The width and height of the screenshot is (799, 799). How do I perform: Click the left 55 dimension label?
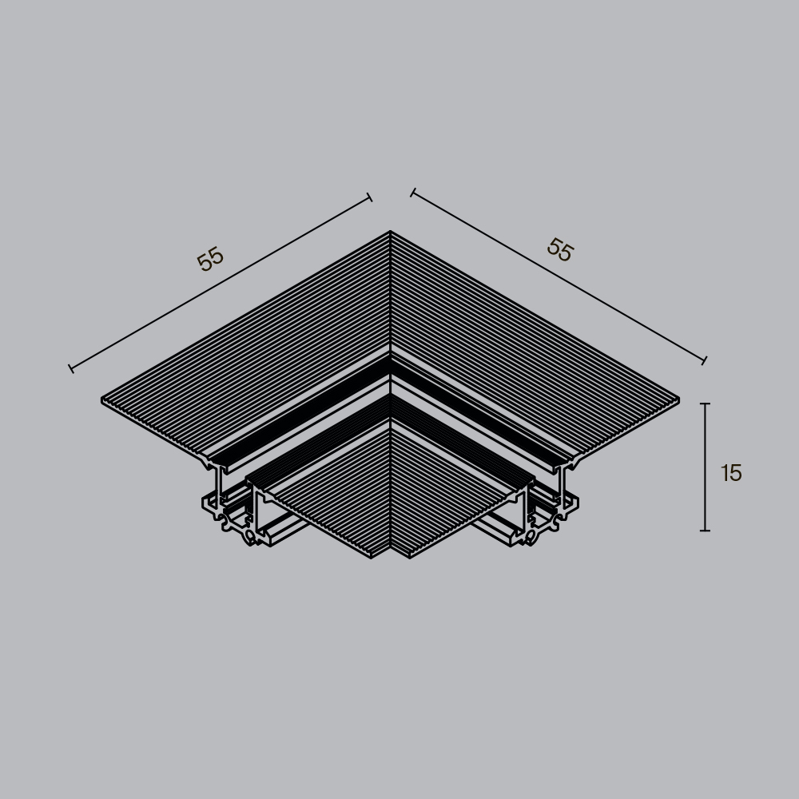(x=210, y=260)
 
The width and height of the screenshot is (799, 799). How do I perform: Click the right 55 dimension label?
(x=560, y=250)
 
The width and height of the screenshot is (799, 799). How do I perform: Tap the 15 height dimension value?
(x=731, y=473)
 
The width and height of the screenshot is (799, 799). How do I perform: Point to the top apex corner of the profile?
(x=390, y=233)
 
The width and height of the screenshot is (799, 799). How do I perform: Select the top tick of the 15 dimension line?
(x=705, y=404)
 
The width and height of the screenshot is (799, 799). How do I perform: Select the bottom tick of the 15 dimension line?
(x=705, y=530)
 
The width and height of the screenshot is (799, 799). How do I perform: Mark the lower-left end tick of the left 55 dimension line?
(x=71, y=368)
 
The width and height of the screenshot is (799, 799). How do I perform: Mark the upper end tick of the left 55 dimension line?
(x=369, y=197)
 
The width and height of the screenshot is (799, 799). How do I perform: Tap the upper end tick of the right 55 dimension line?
(x=412, y=193)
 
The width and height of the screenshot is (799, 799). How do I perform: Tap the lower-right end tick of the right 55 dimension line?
(x=704, y=360)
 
